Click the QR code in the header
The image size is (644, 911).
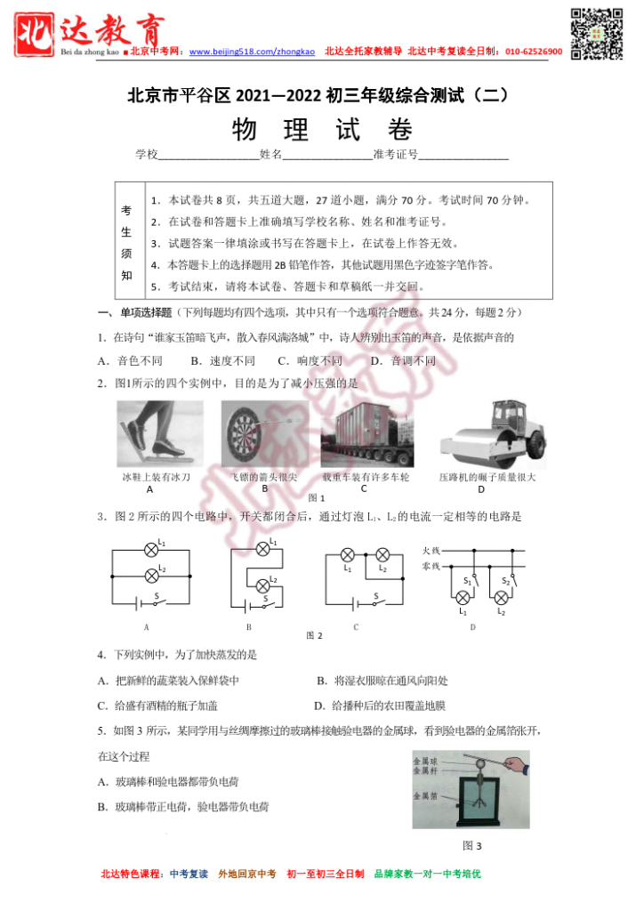pyautogui.click(x=596, y=34)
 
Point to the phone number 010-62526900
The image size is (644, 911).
pyautogui.click(x=534, y=52)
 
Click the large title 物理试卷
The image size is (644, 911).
pyautogui.click(x=322, y=130)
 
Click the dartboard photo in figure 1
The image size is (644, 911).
pyautogui.click(x=264, y=433)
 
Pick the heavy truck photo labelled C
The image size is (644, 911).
pyautogui.click(x=366, y=434)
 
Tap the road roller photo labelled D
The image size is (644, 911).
pyautogui.click(x=492, y=434)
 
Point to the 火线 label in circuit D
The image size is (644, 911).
pyautogui.click(x=431, y=551)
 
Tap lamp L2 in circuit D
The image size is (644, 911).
pyautogui.click(x=501, y=598)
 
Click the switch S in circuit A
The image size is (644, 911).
pyautogui.click(x=157, y=602)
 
